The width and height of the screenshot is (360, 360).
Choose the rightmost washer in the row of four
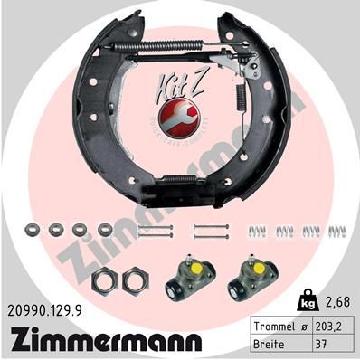[105, 230]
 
